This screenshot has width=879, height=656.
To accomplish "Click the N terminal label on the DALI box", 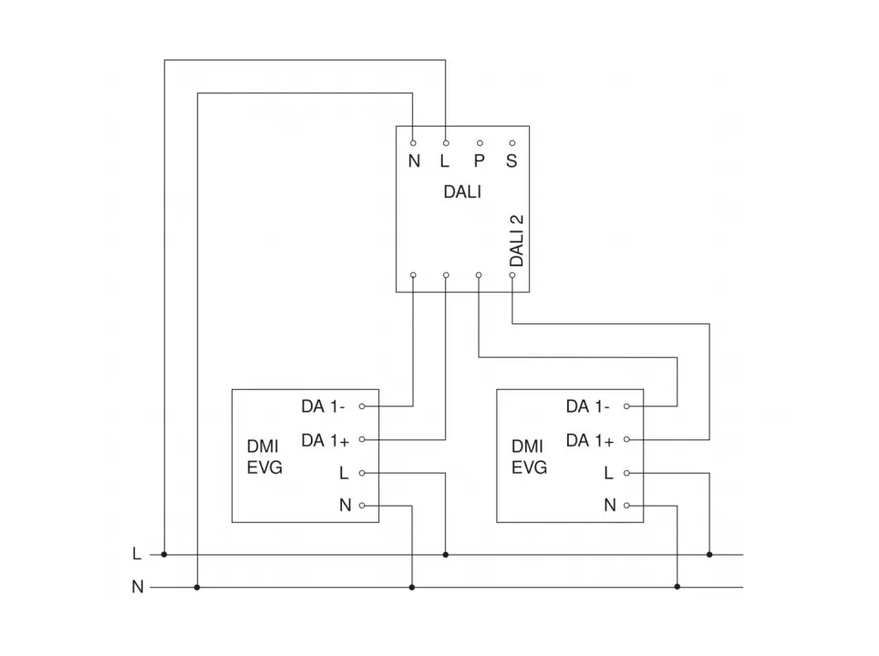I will (x=414, y=162).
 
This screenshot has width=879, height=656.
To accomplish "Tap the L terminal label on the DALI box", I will (x=445, y=162).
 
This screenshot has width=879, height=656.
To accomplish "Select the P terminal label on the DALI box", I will (x=479, y=162).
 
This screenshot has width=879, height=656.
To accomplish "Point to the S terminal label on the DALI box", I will (x=512, y=162).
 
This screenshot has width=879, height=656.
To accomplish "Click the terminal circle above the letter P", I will (x=479, y=143).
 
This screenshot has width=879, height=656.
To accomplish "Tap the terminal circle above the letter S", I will (x=512, y=143).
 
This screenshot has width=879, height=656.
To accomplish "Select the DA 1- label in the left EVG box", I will (x=324, y=405).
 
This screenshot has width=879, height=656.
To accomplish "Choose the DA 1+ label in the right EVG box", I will (x=590, y=440).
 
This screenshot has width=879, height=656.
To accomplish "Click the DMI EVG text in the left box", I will (x=264, y=457).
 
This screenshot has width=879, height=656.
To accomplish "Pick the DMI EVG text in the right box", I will (x=529, y=457).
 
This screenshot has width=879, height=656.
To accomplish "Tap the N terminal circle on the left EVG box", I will (x=362, y=506).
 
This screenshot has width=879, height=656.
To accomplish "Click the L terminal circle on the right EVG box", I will (x=627, y=473).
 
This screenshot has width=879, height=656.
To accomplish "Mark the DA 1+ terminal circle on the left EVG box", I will (x=362, y=439).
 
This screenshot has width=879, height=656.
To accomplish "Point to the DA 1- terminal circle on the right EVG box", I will (x=627, y=405).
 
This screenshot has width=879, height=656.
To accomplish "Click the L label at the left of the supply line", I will (x=137, y=554).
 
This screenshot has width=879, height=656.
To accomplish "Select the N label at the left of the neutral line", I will (x=138, y=588).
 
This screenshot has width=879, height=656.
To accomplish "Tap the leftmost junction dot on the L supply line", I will (x=164, y=554).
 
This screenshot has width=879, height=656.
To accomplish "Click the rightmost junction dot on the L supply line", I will (x=709, y=554).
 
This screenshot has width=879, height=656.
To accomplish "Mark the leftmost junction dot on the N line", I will (x=197, y=588).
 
